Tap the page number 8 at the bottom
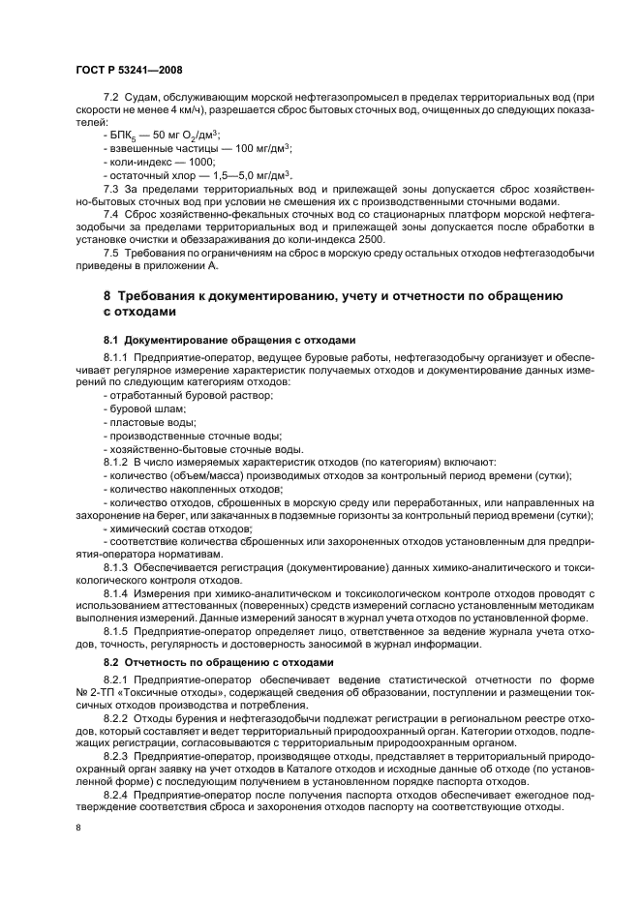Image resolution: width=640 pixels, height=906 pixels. click(x=78, y=829)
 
